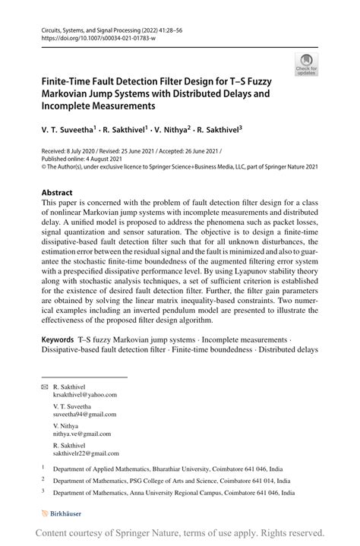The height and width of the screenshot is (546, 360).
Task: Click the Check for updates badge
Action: pos(308,65)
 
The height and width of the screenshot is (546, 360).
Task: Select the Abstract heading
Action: pos(57,193)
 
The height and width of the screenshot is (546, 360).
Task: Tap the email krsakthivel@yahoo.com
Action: pos(85,395)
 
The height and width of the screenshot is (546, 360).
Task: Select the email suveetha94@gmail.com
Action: pos(85,414)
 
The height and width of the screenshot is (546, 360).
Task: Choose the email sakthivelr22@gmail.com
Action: pos(85,453)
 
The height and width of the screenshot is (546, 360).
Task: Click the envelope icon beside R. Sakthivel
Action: pos(44,387)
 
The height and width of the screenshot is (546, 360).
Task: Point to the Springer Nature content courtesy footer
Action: pos(180,533)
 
